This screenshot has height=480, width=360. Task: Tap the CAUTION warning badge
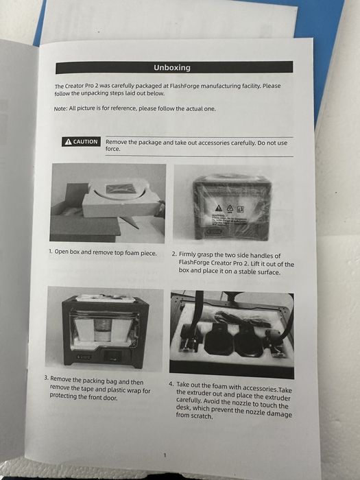coord(81,142)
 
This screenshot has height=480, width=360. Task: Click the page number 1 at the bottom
coord(165,455)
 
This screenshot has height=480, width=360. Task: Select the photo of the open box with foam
coord(107,202)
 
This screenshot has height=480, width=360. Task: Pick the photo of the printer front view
coord(105,328)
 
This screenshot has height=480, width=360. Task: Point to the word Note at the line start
coord(60,109)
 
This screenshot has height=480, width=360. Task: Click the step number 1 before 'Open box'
coord(51,252)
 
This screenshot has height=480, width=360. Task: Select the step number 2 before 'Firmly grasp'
coord(174,254)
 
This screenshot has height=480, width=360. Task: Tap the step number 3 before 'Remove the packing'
coord(46,379)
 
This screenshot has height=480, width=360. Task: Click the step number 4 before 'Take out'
coord(171,385)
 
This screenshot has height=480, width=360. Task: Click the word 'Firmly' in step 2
coord(191,254)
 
